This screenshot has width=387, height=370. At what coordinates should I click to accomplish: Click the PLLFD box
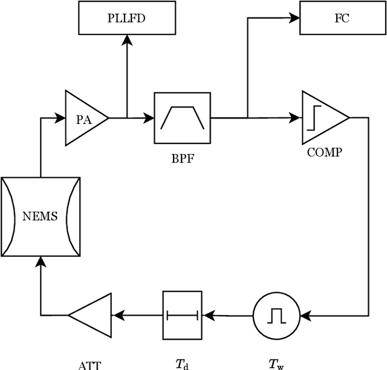126,18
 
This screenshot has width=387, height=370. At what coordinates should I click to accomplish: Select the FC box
342,18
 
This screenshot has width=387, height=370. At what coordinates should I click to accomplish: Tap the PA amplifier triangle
83,118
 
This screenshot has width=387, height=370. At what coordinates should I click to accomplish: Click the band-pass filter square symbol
182,118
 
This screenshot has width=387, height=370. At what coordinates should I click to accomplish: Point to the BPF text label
182,161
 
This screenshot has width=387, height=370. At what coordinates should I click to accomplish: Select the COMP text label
324,152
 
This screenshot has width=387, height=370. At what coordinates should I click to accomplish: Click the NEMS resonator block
41,216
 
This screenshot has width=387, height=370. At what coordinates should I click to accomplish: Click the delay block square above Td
182,315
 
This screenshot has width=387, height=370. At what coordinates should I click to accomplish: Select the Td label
182,364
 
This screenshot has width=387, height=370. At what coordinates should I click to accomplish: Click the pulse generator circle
276,315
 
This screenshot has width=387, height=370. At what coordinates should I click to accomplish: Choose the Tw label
276,364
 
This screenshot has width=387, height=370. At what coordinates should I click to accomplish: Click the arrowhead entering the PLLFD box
126,40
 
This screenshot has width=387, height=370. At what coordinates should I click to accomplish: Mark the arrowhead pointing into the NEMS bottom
41,262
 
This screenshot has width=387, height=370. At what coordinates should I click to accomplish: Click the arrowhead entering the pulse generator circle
305,315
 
